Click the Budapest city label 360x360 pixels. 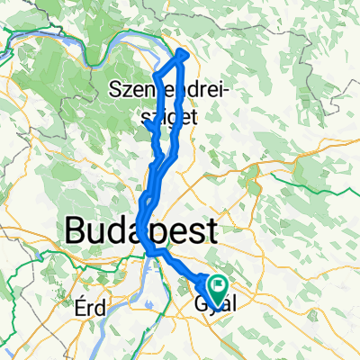140,231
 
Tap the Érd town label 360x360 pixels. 91,307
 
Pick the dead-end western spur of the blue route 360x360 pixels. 147,126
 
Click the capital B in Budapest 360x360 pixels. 76,231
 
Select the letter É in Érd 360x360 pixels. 81,307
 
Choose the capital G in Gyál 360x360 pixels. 200,307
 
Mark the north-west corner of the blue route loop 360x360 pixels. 157,73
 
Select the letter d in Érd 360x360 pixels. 102,307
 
